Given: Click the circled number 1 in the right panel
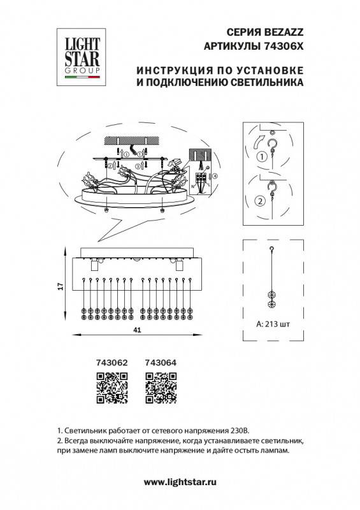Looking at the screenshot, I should click(261, 156).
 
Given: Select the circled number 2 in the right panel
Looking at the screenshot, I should click(260, 201).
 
